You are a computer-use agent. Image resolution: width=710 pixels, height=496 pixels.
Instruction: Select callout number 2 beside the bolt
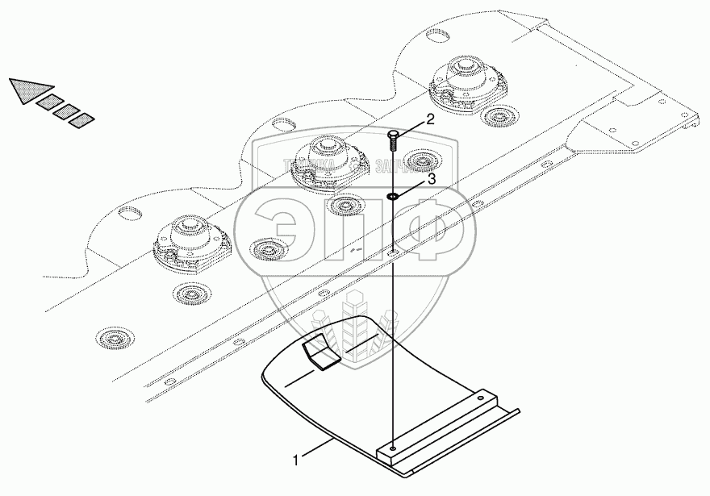click(x=430, y=119)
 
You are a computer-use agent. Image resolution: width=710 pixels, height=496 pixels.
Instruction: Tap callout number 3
click(x=431, y=180)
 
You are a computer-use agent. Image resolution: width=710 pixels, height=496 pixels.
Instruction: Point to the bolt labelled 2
click(x=392, y=139)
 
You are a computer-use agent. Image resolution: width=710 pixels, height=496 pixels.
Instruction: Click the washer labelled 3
click(x=392, y=195)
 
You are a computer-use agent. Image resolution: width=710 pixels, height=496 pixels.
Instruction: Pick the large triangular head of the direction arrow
click(x=27, y=90)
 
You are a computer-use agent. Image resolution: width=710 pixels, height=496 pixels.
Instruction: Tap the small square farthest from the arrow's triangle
click(x=81, y=121)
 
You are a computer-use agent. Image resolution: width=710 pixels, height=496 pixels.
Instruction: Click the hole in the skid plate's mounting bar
click(x=392, y=448)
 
